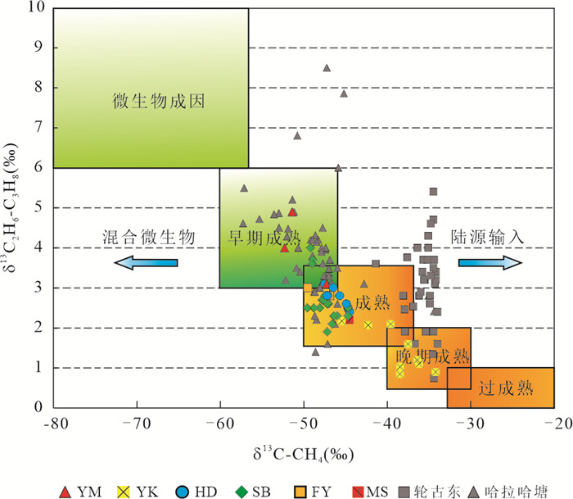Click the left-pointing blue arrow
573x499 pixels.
click(146, 262)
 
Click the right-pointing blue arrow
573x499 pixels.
click(490, 262)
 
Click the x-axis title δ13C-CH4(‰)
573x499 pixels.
click(303, 450)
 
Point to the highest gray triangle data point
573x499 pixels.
click(327, 68)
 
